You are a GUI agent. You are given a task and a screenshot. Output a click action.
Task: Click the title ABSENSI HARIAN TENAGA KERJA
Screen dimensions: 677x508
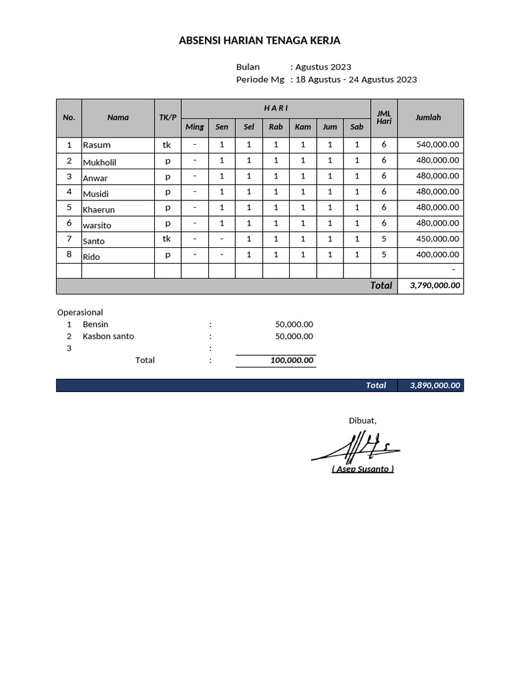[259, 41]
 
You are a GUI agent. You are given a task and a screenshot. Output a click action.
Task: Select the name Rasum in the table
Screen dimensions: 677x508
[97, 145]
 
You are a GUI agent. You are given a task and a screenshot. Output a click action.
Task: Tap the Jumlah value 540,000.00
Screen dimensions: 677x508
[438, 145]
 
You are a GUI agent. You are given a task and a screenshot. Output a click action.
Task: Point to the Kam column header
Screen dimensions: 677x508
[303, 127]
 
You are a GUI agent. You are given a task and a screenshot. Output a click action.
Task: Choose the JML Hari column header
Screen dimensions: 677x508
[384, 118]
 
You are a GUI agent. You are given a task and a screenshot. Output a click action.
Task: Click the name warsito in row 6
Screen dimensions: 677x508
[97, 225]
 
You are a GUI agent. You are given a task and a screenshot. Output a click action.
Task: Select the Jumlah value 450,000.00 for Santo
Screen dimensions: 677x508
[438, 239]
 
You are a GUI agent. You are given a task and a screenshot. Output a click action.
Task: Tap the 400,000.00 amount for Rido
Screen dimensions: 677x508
[438, 255]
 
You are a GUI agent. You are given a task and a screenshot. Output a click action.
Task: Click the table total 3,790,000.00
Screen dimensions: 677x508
[435, 286]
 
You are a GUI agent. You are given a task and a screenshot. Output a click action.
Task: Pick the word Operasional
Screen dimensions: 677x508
[80, 312]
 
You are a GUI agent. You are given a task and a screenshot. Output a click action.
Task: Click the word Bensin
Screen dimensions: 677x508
[95, 324]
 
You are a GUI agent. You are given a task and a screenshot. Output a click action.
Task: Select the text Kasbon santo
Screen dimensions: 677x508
[108, 336]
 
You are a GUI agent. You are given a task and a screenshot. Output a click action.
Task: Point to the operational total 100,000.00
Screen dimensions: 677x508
[292, 360]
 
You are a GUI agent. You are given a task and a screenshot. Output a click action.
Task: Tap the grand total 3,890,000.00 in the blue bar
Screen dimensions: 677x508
[435, 385]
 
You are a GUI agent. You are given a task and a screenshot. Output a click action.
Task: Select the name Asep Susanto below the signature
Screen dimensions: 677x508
[362, 469]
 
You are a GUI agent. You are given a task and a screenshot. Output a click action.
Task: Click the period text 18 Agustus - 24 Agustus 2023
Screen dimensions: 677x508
[356, 79]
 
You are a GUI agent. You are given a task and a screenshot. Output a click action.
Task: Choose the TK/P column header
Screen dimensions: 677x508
[168, 118]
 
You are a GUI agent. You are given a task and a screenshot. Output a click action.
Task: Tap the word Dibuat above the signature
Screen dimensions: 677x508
[362, 420]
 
